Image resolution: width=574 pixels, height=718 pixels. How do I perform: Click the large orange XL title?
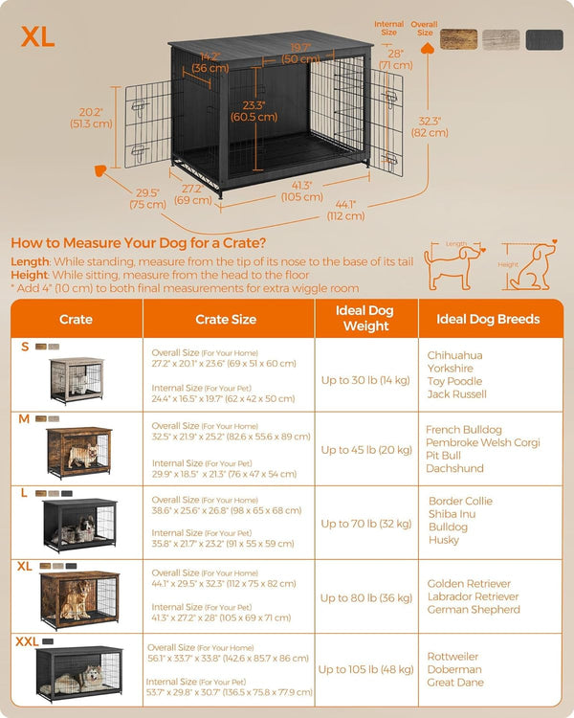coord(38,35)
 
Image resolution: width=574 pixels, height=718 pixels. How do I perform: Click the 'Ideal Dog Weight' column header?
coord(365,319)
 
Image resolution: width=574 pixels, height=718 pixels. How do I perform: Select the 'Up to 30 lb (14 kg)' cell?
coord(365,380)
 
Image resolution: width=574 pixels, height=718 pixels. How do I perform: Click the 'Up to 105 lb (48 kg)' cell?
coord(365,670)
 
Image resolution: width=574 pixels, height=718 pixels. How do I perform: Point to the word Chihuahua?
coord(454,355)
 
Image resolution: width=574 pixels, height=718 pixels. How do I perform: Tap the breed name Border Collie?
coord(460,501)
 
